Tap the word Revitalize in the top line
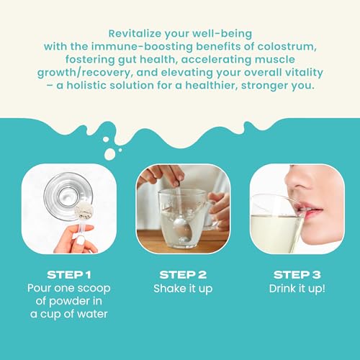pos(135,34)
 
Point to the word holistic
pos(86,86)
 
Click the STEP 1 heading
pos(69,275)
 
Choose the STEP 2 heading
pos(183,275)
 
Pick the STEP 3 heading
pos(297,275)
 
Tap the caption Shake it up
pos(183,289)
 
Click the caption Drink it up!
pos(297,289)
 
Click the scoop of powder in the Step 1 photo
pos(84,210)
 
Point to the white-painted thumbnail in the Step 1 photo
pos(81,240)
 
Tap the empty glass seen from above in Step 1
pos(68,196)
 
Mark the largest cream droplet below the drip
pos(109,154)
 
